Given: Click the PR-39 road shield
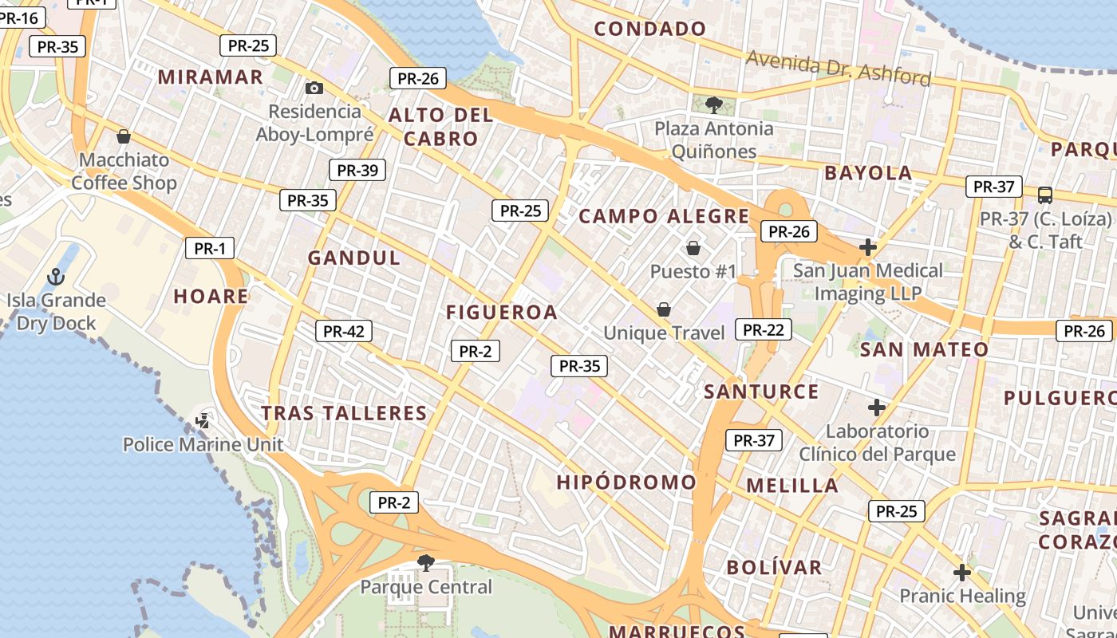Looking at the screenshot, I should coord(357,170).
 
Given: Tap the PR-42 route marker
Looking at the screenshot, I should coord(344,331).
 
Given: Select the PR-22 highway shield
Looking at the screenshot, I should coord(764,329).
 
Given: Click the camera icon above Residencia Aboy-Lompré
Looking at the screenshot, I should coord(314,88).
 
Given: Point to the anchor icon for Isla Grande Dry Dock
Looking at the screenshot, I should coord(56,277).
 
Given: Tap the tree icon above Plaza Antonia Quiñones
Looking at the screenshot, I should coord(713,104).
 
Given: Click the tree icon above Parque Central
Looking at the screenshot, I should coord(426,563).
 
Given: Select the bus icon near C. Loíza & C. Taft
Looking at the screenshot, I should coord(1044,195).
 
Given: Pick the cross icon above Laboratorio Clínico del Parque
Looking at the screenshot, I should coord(877,408).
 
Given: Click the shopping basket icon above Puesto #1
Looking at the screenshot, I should coord(693,248).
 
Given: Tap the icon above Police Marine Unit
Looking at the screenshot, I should coord(203,419).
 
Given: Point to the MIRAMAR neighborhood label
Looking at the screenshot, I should coord(211,77).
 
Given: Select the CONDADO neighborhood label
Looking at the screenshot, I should coord(650,30).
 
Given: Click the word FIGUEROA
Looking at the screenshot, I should coord(502,313).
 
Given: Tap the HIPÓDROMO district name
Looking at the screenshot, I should coord(626,482).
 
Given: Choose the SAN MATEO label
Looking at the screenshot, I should coord(924,349).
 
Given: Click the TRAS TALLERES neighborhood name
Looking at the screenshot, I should coord(345,413).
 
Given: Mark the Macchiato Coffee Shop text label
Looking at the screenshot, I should coord(124,171).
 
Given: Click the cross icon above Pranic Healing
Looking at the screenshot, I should coord(962,572).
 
